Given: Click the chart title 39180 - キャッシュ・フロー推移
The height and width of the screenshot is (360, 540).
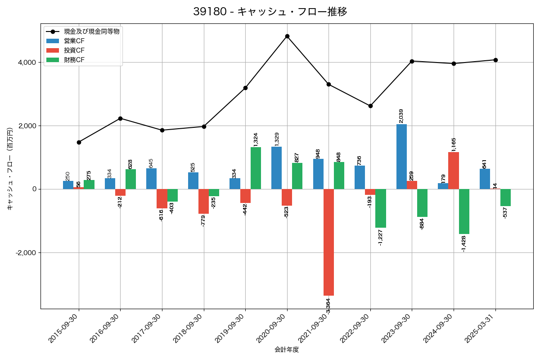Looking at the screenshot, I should pyautogui.click(x=270, y=12).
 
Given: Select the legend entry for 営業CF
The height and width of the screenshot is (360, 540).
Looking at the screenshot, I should pyautogui.click(x=74, y=41).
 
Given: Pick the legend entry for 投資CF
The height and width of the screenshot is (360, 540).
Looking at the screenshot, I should pyautogui.click(x=74, y=50).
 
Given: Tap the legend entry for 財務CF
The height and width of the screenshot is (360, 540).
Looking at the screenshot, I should pyautogui.click(x=74, y=60).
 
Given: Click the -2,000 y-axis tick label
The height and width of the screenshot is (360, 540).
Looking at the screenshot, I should pyautogui.click(x=26, y=253).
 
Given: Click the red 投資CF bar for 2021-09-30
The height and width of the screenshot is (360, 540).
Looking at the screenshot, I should pyautogui.click(x=328, y=242).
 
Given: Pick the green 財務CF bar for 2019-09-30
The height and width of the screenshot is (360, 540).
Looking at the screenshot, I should pyautogui.click(x=256, y=168).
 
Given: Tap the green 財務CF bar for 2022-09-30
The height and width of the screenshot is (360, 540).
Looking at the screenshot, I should pyautogui.click(x=381, y=208).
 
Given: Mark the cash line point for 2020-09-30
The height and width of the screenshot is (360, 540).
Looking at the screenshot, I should pyautogui.click(x=287, y=36).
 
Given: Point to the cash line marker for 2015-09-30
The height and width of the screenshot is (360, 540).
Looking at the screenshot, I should pyautogui.click(x=79, y=142).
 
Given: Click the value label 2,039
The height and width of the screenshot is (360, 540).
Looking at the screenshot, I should pyautogui.click(x=401, y=116).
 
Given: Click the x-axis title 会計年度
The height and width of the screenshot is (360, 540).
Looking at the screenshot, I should pyautogui.click(x=287, y=350).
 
